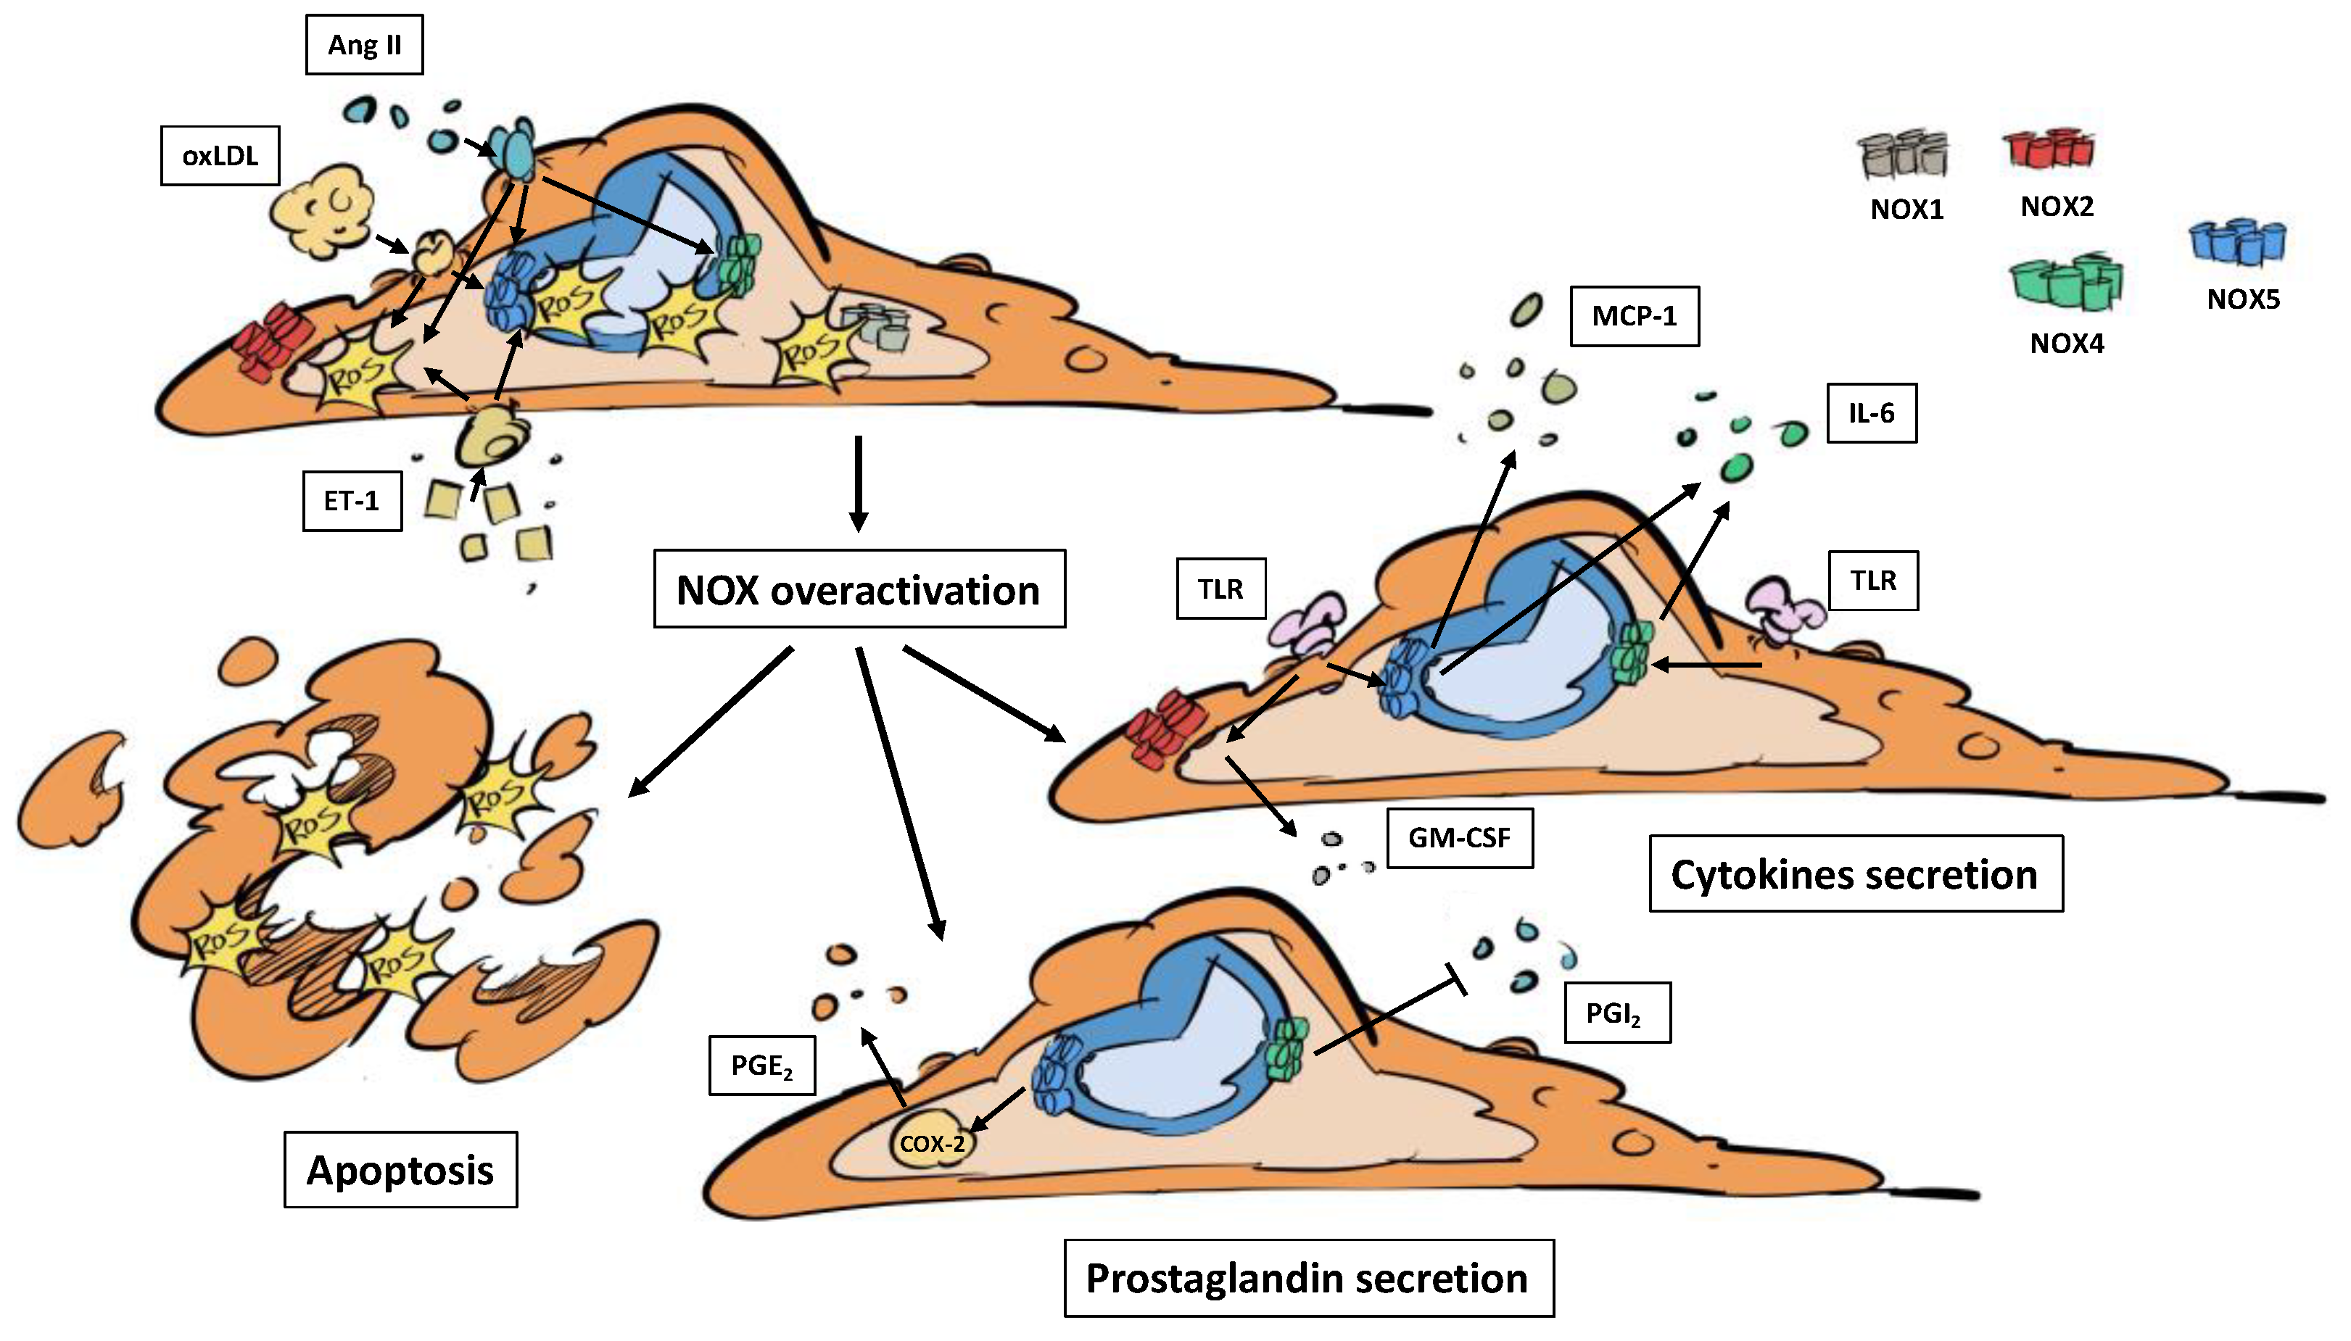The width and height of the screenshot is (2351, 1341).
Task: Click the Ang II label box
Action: click(x=364, y=44)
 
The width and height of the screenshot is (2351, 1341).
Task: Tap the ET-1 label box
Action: click(x=351, y=501)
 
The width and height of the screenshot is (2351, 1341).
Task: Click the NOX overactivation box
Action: click(x=859, y=589)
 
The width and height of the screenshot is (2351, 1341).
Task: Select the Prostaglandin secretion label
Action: click(x=1308, y=1279)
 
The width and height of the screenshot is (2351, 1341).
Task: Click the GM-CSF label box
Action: click(x=1459, y=838)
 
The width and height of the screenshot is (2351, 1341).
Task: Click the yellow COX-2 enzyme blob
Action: click(x=931, y=1143)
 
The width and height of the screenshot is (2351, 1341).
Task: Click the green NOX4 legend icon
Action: click(x=2065, y=283)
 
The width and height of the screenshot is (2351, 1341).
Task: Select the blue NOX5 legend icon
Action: click(x=2238, y=242)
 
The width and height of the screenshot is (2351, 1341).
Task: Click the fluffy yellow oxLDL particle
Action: click(x=323, y=211)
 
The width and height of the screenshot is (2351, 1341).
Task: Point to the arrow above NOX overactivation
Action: click(x=859, y=483)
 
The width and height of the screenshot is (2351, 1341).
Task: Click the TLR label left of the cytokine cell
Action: click(x=1220, y=589)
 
